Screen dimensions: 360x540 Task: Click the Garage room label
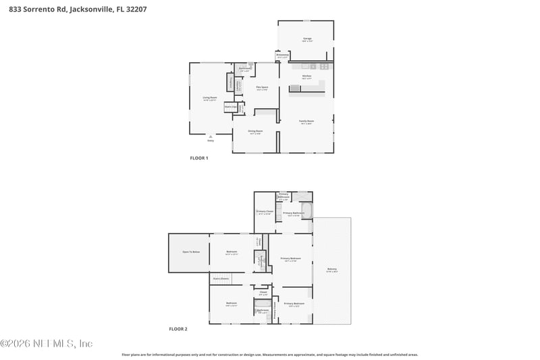[x=307, y=39]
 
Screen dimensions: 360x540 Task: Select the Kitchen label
[x=306, y=76]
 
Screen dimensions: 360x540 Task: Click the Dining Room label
[x=255, y=132]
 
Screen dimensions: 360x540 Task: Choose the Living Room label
[x=210, y=99]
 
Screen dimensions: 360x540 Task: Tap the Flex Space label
[x=262, y=88]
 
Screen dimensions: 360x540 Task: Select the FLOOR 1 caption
[x=198, y=157]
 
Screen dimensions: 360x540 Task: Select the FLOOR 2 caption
[x=178, y=329]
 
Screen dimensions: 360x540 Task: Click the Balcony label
[x=332, y=269]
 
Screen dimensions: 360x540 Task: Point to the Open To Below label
[x=191, y=252]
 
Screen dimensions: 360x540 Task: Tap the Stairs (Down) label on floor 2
[x=221, y=278]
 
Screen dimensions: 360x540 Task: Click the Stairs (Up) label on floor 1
[x=230, y=106]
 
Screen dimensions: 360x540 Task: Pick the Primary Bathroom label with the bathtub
[x=294, y=213]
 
